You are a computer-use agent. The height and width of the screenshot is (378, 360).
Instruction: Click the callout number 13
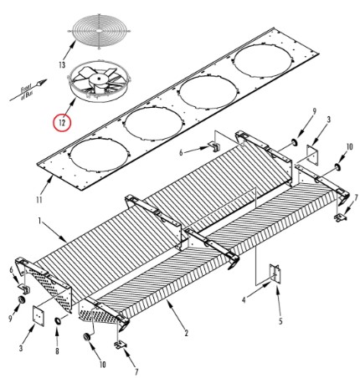[62, 65]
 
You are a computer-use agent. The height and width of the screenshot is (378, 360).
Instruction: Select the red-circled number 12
[62, 122]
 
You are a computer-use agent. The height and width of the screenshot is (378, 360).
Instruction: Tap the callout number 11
[39, 200]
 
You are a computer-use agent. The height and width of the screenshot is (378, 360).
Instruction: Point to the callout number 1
[39, 221]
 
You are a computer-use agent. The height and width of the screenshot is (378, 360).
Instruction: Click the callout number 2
[186, 333]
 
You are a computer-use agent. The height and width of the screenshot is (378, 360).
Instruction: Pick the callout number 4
[244, 300]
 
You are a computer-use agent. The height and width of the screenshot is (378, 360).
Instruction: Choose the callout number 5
[280, 321]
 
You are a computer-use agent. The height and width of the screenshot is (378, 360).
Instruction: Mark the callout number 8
[57, 350]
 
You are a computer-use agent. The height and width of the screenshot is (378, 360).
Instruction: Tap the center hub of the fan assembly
[98, 79]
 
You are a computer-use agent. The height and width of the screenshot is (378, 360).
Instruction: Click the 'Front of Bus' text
[27, 92]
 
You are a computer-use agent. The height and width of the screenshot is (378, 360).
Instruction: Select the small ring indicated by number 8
[58, 321]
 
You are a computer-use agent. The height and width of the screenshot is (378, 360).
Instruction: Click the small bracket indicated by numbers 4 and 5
[275, 273]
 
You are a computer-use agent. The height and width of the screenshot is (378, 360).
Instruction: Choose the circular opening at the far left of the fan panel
[100, 155]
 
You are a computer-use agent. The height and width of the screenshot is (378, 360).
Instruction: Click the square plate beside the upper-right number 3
[312, 155]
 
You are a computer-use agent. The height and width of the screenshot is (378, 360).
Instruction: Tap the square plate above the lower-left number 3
[39, 315]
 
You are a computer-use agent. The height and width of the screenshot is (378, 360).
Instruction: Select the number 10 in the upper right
[350, 146]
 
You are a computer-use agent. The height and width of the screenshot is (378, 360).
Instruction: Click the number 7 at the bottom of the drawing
[136, 371]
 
